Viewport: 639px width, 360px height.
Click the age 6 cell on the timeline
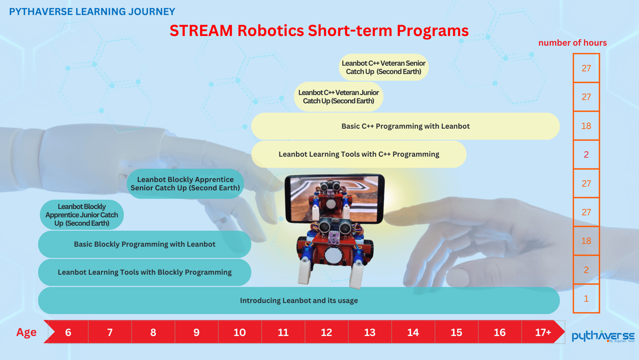[68, 332]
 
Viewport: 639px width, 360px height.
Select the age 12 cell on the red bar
[326, 332]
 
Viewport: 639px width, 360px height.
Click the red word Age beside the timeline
[26, 332]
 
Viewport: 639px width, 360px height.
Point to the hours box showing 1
[586, 298]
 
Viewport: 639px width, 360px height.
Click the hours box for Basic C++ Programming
[586, 126]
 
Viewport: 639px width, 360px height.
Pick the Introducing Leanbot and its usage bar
[299, 301]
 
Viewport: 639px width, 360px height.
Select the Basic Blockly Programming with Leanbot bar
[145, 244]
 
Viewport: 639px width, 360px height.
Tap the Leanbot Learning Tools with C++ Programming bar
[359, 154]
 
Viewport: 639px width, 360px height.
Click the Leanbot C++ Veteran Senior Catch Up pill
[383, 67]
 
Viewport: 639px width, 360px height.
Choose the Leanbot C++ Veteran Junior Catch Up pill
[338, 97]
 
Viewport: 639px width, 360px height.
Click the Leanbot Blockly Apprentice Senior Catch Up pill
[185, 184]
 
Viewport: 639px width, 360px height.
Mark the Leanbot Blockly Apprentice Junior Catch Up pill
[82, 215]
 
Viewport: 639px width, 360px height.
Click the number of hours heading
[572, 43]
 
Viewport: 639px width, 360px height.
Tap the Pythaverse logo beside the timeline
[603, 336]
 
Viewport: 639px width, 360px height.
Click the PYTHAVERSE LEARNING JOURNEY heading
[92, 12]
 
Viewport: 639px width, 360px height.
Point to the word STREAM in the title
[201, 31]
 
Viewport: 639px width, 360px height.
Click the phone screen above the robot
[335, 198]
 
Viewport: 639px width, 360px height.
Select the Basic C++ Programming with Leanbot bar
[406, 126]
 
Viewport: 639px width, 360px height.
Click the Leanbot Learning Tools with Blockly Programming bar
[145, 272]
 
